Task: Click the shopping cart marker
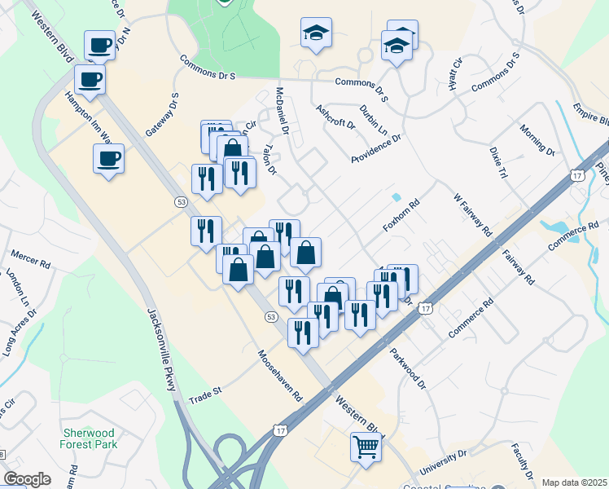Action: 367,447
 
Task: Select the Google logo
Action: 27,479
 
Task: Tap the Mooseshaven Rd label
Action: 281,376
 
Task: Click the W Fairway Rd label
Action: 474,214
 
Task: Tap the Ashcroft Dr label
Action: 335,117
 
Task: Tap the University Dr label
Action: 445,464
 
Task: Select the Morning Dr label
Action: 537,139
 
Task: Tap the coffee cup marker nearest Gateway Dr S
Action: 108,159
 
